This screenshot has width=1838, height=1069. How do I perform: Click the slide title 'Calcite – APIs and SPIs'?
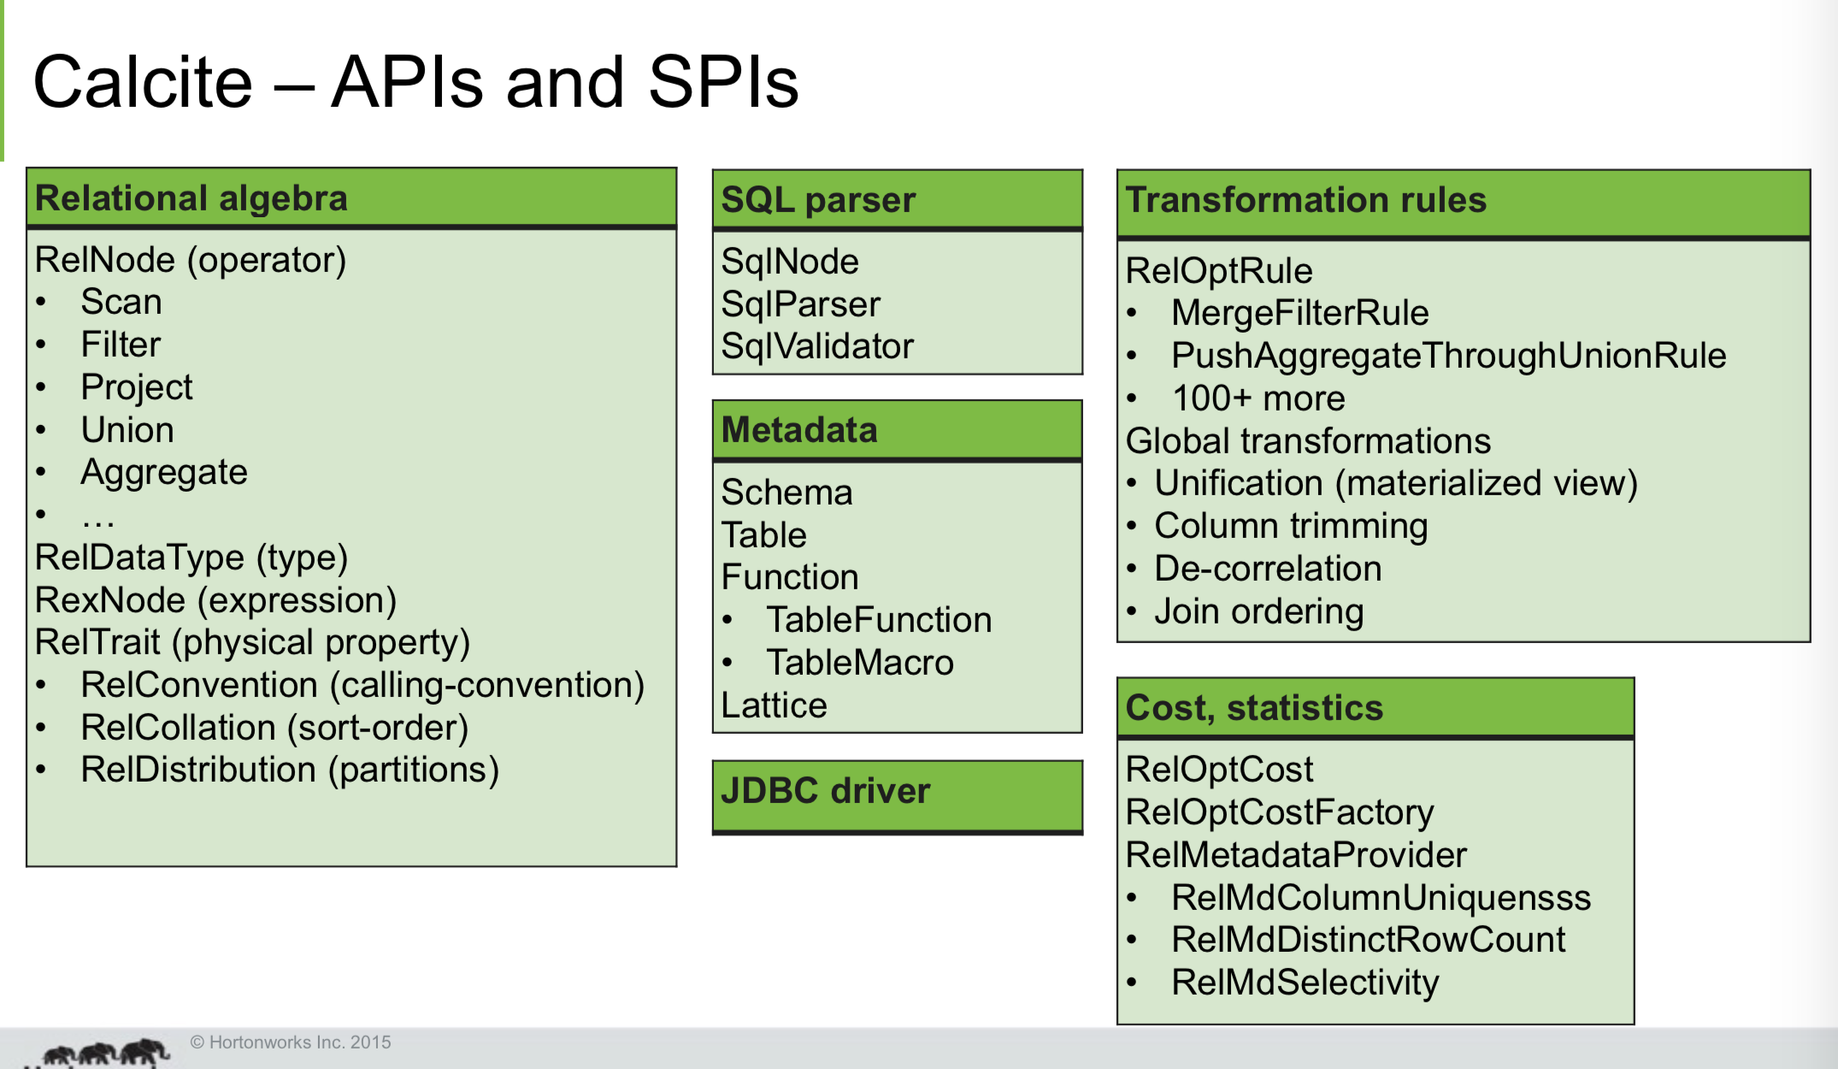(415, 82)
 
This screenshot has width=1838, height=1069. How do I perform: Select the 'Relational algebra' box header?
(191, 198)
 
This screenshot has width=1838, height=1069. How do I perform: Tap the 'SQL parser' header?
(818, 200)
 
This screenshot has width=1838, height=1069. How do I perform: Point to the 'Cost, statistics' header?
(1254, 708)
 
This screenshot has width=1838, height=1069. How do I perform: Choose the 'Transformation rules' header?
(1306, 200)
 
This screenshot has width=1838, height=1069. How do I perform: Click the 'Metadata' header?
(799, 430)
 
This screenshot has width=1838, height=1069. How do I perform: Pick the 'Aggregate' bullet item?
(164, 472)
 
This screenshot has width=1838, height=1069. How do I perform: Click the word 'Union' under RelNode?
(127, 430)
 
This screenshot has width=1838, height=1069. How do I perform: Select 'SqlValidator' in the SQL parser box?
(817, 346)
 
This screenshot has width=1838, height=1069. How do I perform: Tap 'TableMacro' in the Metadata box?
(860, 663)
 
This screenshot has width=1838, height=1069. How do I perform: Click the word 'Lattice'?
(774, 706)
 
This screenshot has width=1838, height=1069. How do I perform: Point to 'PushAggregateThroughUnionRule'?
(1448, 356)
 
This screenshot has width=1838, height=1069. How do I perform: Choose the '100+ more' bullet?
(1258, 399)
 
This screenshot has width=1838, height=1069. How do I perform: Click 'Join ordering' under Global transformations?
(1258, 611)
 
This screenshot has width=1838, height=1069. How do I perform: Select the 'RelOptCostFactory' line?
(1279, 812)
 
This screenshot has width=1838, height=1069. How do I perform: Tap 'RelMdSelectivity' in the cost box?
(1305, 983)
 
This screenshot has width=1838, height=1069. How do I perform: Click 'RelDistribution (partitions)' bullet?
(290, 770)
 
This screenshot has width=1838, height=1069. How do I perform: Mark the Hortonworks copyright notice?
(291, 1042)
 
